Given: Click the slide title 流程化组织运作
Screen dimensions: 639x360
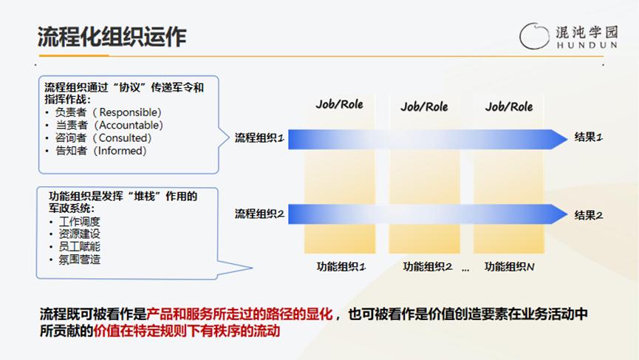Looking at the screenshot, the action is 112,37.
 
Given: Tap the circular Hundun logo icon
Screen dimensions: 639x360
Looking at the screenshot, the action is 534,36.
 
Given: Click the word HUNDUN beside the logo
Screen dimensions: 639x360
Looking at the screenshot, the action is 587,45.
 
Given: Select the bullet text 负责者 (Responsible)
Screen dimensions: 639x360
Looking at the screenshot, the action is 109,112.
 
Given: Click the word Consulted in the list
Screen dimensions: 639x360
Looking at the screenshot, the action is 125,137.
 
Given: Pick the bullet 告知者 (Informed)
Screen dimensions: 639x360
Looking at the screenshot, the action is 101,151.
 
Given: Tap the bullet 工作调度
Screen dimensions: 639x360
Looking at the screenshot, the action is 80,221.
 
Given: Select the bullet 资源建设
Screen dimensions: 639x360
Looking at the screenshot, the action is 80,234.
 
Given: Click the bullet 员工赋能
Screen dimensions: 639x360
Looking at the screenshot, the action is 80,247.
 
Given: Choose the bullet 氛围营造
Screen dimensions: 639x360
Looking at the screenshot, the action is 80,259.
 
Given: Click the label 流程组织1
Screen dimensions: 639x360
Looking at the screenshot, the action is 259,137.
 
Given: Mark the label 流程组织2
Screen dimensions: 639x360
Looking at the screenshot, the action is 259,214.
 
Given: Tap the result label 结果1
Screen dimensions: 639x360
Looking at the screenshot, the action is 589,137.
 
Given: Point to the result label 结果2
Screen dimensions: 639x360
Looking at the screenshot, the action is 589,215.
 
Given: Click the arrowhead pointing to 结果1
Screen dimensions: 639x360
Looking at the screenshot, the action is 559,140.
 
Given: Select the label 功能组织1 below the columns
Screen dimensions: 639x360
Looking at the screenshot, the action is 341,267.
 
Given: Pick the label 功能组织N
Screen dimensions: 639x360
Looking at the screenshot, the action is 510,267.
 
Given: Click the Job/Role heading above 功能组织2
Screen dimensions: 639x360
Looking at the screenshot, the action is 424,107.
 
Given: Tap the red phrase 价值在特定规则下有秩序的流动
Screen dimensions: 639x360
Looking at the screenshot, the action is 187,330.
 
